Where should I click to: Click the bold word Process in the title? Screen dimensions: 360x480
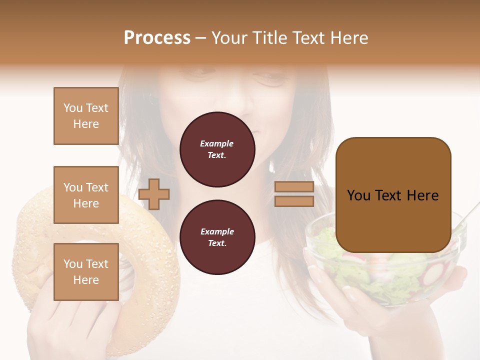pyautogui.click(x=157, y=38)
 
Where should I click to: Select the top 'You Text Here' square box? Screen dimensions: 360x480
pyautogui.click(x=86, y=116)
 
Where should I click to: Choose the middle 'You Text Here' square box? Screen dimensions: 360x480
pyautogui.click(x=86, y=195)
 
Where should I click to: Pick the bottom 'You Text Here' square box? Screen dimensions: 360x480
pyautogui.click(x=86, y=271)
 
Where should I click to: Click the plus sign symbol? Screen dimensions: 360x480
pyautogui.click(x=154, y=193)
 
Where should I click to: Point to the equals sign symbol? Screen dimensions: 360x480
pyautogui.click(x=294, y=194)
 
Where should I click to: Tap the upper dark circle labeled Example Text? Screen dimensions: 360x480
pyautogui.click(x=217, y=149)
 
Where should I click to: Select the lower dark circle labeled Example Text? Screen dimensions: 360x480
pyautogui.click(x=217, y=237)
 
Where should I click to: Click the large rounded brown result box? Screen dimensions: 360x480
pyautogui.click(x=393, y=195)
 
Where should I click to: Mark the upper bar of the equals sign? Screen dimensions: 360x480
pyautogui.click(x=294, y=187)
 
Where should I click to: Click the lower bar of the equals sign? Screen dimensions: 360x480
pyautogui.click(x=294, y=201)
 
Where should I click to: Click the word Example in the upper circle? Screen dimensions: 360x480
pyautogui.click(x=217, y=143)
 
